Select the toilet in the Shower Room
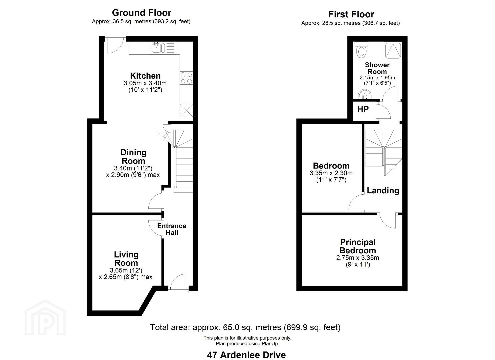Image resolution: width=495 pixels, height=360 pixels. point(361,50)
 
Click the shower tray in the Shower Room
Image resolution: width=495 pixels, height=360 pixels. point(393,51)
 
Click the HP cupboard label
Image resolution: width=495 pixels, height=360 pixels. point(363,109)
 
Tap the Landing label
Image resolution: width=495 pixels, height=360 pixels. point(383,190)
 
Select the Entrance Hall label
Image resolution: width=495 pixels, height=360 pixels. point(172,229)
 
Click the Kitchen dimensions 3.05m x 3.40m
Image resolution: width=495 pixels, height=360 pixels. point(145,83)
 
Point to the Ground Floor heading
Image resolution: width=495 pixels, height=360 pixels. point(142,13)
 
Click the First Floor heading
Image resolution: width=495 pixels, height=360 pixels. point(351,14)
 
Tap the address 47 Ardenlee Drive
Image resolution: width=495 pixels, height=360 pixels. point(246,355)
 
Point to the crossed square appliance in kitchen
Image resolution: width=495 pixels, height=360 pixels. point(186,110)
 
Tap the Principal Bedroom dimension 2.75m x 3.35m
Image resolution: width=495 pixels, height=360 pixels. point(358,258)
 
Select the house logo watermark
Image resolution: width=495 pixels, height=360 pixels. point(45,317)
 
